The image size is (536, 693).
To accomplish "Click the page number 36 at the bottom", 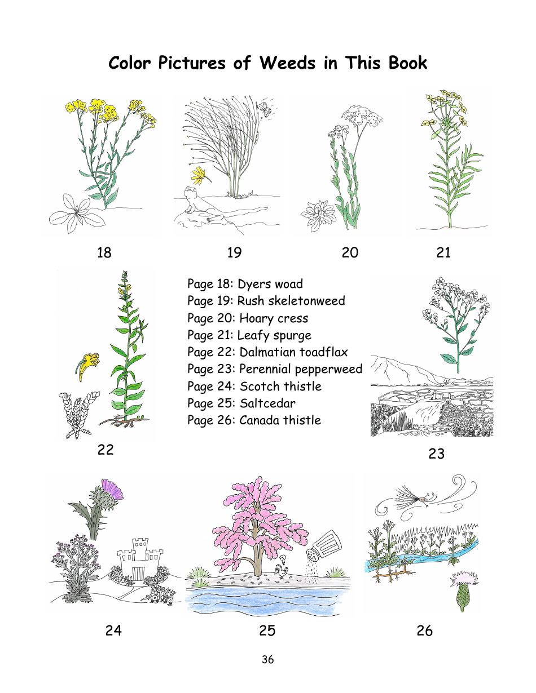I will (267, 659).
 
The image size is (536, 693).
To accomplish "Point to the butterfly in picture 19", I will (263, 108).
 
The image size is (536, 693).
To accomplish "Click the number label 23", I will (436, 454).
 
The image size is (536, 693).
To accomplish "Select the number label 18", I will (104, 253).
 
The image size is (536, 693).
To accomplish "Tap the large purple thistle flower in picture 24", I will (112, 489).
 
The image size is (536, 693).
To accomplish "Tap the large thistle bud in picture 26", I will (462, 592).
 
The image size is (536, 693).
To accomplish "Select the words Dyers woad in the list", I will (270, 284).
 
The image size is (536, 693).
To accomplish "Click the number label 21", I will (443, 253).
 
